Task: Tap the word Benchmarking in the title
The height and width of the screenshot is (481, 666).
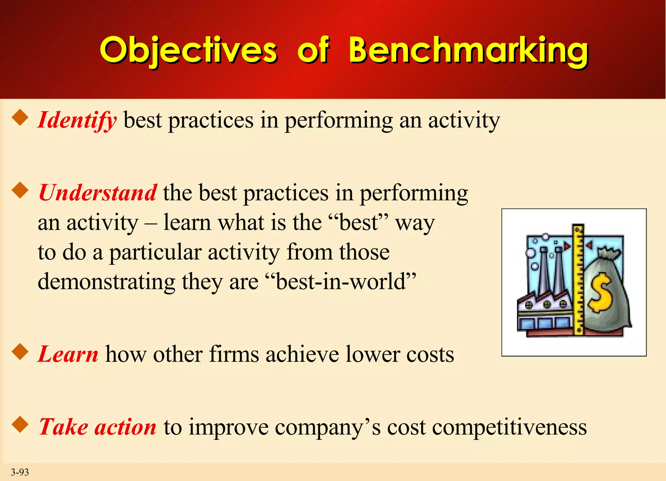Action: click(468, 50)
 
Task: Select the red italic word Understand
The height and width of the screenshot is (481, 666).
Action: click(98, 193)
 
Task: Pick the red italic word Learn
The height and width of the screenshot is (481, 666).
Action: click(68, 354)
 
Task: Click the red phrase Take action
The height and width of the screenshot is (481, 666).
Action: click(98, 427)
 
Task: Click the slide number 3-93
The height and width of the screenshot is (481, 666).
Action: click(20, 472)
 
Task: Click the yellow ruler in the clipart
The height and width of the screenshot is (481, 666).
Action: click(578, 280)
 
